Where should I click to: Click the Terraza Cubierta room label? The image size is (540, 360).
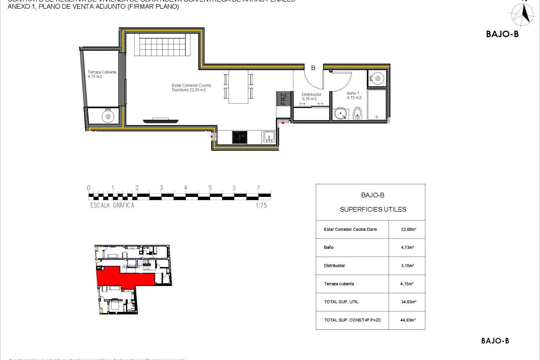pyautogui.click(x=102, y=74)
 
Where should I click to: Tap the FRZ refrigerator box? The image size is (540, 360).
pyautogui.click(x=283, y=99)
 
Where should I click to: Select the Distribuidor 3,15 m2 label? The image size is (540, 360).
pyautogui.click(x=312, y=96)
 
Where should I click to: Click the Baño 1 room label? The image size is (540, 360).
pyautogui.click(x=354, y=95)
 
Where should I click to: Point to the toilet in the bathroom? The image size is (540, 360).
pyautogui.click(x=357, y=113)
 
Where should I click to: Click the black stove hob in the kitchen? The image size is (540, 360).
pyautogui.click(x=240, y=138)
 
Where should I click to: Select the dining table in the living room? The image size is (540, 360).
pyautogui.click(x=238, y=86)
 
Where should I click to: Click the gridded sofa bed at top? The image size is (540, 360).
pyautogui.click(x=162, y=45)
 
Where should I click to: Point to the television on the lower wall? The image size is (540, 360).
pyautogui.click(x=161, y=121)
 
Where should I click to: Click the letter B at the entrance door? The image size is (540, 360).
pyautogui.click(x=313, y=68)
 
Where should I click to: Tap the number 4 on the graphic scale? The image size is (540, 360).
pyautogui.click(x=186, y=188)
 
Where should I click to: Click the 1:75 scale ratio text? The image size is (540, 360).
pyautogui.click(x=261, y=205)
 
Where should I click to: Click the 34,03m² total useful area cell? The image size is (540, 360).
pyautogui.click(x=408, y=302)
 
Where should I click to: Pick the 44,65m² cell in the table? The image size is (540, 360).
pyautogui.click(x=408, y=320)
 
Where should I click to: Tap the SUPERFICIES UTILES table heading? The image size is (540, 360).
pyautogui.click(x=373, y=210)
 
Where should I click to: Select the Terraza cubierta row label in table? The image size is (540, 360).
pyautogui.click(x=339, y=284)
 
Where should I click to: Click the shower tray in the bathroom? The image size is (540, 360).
pyautogui.click(x=377, y=105)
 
